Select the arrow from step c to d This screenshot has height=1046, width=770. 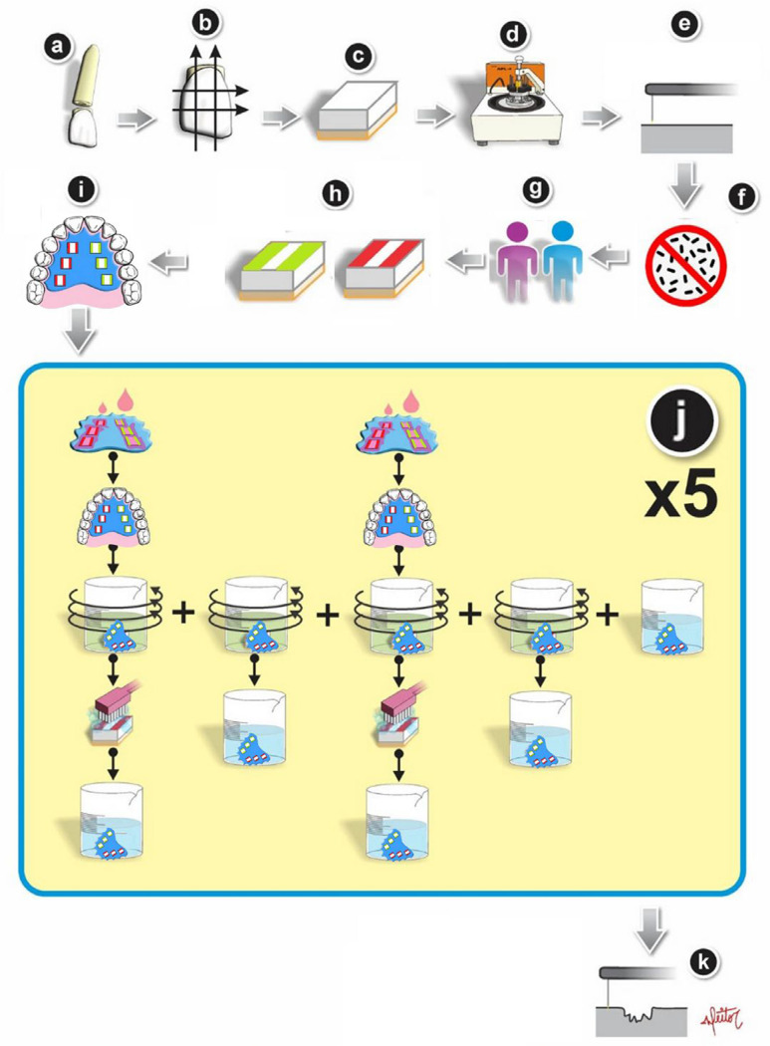[x=431, y=119]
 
